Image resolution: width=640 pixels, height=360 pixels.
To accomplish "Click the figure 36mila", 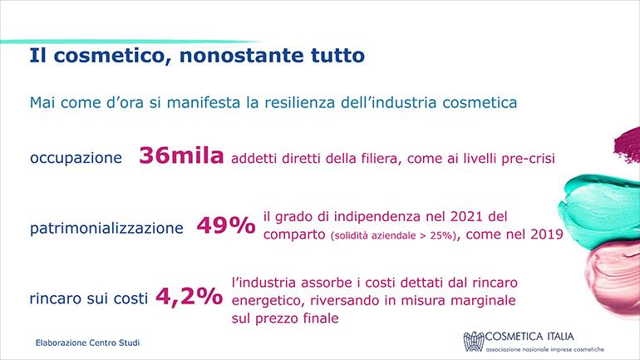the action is [181, 155].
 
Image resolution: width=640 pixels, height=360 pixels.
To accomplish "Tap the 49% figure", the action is [226, 225].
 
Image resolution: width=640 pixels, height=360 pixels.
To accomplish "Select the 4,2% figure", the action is [189, 296].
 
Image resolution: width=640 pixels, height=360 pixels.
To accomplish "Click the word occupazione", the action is [76, 158].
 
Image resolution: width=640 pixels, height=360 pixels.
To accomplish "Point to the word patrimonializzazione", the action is [106, 228].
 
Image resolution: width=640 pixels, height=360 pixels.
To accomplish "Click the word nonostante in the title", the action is [240, 56].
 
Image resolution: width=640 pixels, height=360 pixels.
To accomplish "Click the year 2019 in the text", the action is [547, 234].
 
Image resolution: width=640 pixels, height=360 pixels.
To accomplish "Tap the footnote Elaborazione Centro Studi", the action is [88, 343].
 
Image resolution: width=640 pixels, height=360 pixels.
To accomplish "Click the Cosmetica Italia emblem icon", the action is [474, 341].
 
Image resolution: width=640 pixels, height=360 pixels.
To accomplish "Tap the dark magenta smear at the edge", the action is [628, 145].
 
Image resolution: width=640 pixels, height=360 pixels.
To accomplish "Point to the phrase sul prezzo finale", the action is [285, 318].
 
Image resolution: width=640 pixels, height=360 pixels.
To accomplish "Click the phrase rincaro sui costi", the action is [89, 298].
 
